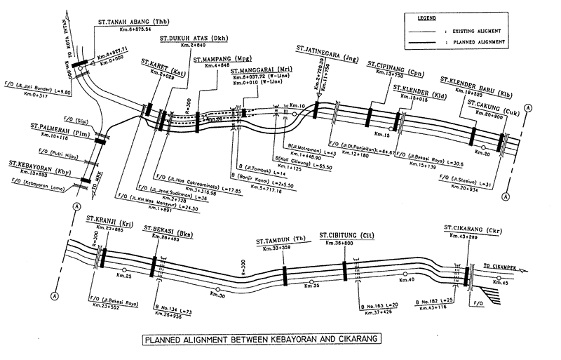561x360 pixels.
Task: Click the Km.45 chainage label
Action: (501, 283)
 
